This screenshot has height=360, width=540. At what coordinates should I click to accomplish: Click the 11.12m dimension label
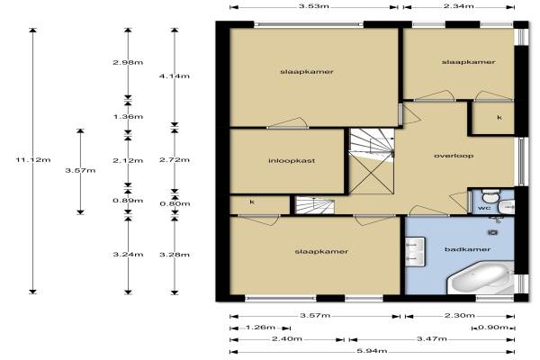pyautogui.click(x=33, y=160)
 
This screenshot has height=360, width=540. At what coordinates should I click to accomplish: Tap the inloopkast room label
pyautogui.click(x=292, y=160)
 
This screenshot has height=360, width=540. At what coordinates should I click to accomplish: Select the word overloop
pyautogui.click(x=454, y=156)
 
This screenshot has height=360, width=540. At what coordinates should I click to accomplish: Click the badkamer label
pyautogui.click(x=467, y=249)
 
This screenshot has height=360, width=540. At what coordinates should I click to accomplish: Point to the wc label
pyautogui.click(x=484, y=208)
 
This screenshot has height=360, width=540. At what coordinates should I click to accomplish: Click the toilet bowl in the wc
pyautogui.click(x=489, y=196)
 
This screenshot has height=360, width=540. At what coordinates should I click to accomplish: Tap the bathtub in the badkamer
pyautogui.click(x=481, y=278)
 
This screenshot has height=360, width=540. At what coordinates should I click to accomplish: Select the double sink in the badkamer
pyautogui.click(x=415, y=252)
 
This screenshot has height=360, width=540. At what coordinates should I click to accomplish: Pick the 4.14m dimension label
pyautogui.click(x=175, y=76)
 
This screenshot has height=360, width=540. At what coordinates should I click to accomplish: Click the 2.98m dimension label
pyautogui.click(x=128, y=62)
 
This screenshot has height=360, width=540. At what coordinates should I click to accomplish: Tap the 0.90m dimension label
pyautogui.click(x=493, y=327)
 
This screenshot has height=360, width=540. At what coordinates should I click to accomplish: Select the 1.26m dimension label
pyautogui.click(x=260, y=327)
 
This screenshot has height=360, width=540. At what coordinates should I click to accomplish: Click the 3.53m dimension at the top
pyautogui.click(x=313, y=6)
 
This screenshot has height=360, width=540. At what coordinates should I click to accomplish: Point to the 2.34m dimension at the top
pyautogui.click(x=458, y=6)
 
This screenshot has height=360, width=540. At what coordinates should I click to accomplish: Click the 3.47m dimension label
pyautogui.click(x=432, y=339)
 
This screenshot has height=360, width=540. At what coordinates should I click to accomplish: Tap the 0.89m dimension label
pyautogui.click(x=128, y=201)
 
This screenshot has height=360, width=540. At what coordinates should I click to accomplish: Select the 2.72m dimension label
pyautogui.click(x=175, y=160)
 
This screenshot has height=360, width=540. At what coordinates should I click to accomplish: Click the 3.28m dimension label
pyautogui.click(x=175, y=255)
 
